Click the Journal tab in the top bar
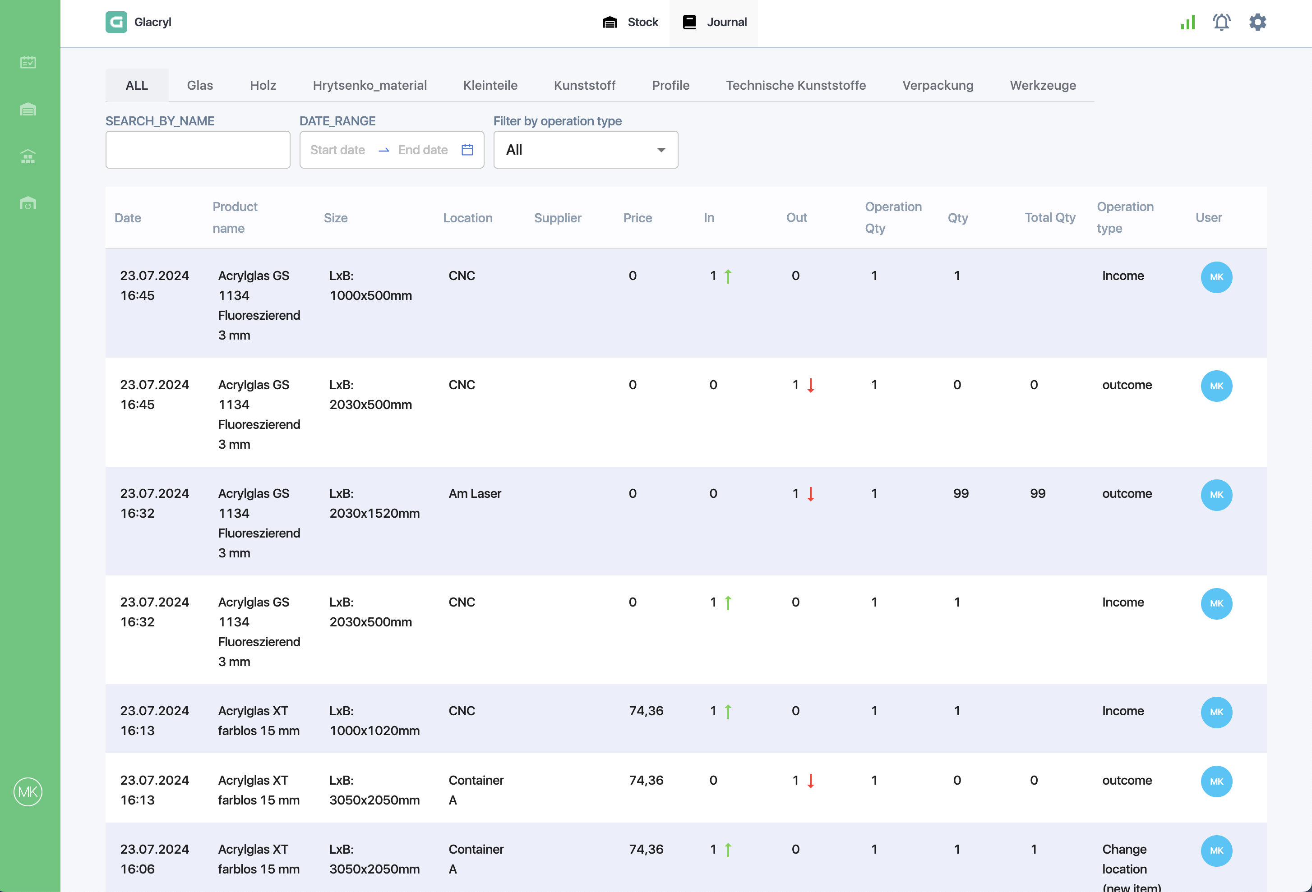click(x=714, y=23)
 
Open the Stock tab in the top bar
click(x=630, y=23)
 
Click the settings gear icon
click(x=1257, y=22)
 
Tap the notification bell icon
click(x=1222, y=22)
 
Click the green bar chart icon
click(x=1188, y=22)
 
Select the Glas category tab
click(x=200, y=85)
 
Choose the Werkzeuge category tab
click(x=1043, y=85)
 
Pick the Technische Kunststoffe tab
click(x=795, y=85)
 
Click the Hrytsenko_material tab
click(x=370, y=85)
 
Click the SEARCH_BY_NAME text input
click(x=198, y=150)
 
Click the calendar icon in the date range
click(x=467, y=150)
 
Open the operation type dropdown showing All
click(x=586, y=150)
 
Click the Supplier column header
click(x=557, y=218)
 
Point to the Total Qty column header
click(x=1049, y=218)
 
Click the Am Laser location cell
click(x=475, y=494)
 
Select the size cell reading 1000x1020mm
click(x=374, y=721)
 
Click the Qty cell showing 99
click(x=961, y=494)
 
